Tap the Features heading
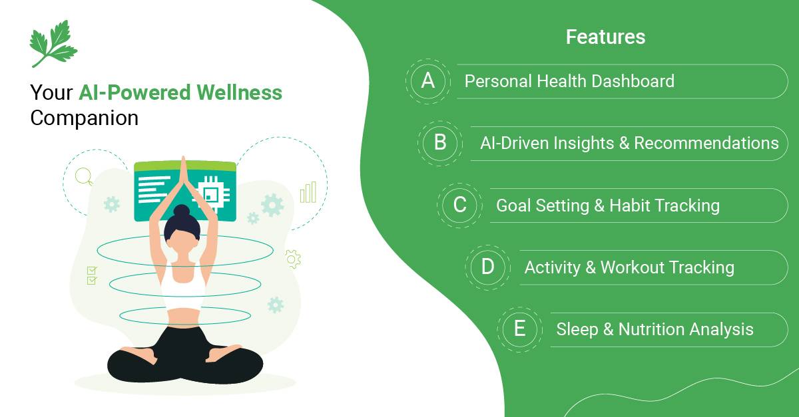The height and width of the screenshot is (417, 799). (605, 37)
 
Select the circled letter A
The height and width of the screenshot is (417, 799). (428, 81)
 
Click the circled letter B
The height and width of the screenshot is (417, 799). (440, 143)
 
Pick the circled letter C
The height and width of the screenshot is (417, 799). (459, 205)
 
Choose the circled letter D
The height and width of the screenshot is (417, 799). (487, 267)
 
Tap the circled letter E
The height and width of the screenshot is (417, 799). (519, 329)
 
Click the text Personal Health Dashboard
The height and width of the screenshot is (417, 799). (569, 81)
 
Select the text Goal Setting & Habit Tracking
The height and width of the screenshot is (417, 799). (607, 205)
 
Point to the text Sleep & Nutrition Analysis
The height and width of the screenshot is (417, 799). (655, 329)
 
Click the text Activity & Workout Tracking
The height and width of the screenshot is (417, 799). (629, 267)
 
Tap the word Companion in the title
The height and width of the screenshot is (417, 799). (85, 118)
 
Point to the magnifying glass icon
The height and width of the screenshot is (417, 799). (84, 176)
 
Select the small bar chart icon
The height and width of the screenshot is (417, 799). (308, 193)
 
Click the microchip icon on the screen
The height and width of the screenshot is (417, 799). (211, 192)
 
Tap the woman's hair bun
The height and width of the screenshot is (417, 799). (182, 211)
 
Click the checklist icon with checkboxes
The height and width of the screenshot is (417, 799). (92, 275)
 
